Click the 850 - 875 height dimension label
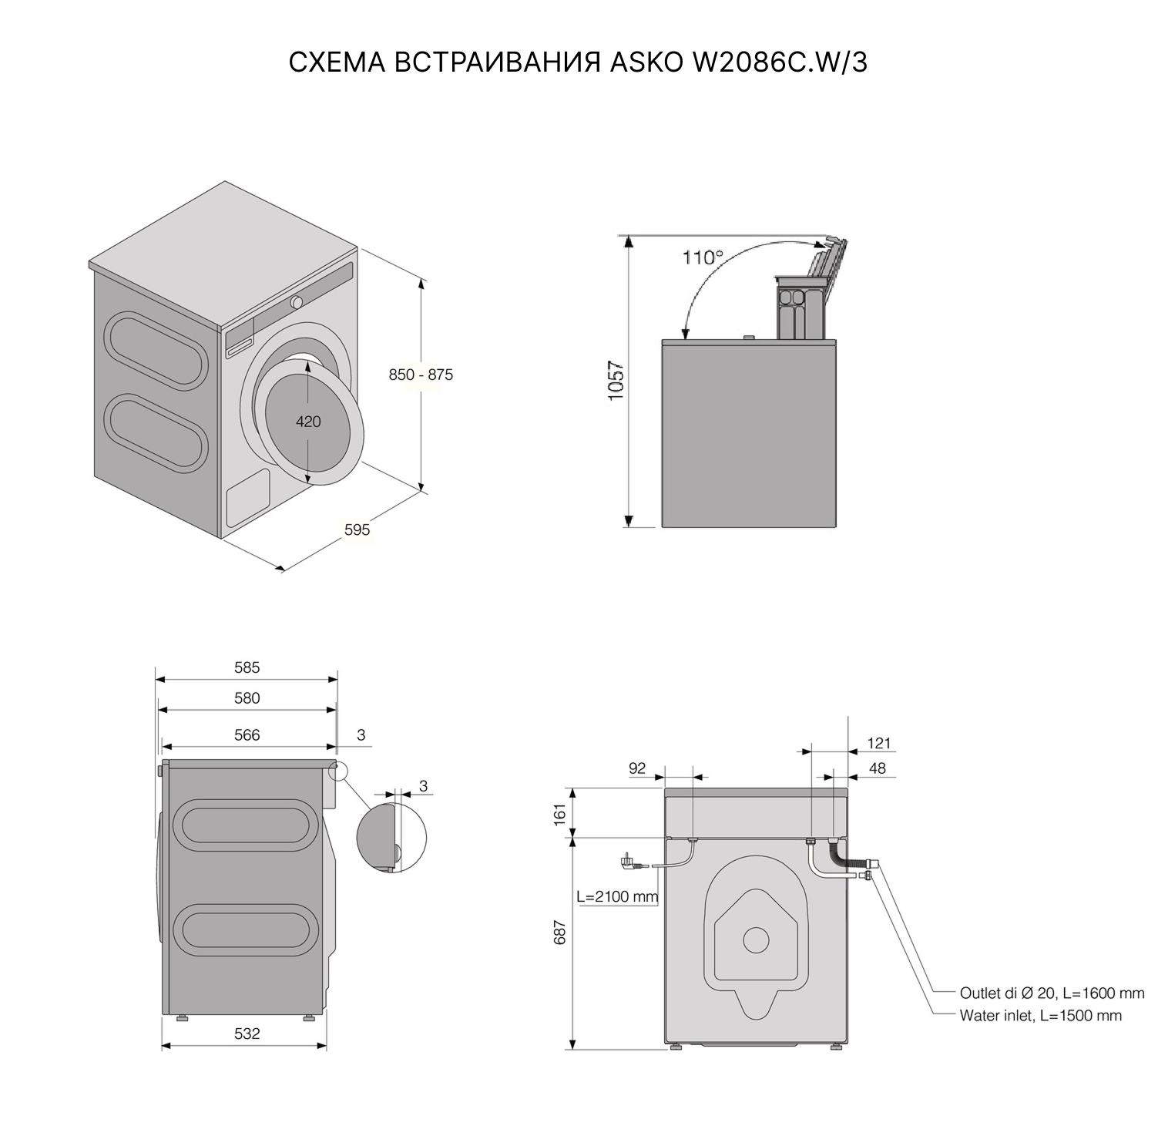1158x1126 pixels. coord(421,375)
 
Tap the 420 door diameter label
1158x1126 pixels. coord(308,422)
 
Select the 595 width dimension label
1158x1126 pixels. coord(357,529)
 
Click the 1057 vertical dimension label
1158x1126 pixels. coord(616,381)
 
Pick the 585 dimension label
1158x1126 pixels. coord(247,667)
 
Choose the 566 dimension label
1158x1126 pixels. coord(247,735)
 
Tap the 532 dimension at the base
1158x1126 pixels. coord(247,1034)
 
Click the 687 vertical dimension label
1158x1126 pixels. coord(560,933)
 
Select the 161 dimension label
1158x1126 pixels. coord(560,812)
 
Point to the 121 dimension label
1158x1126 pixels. coord(878,743)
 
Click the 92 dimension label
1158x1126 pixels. coord(637,768)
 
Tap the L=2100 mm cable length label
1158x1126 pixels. coord(617,896)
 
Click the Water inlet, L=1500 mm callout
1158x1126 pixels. coord(1040,1016)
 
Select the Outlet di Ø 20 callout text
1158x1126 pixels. coord(1052,993)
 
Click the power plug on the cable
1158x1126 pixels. coord(630,863)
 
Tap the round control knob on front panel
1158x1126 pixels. coord(297,302)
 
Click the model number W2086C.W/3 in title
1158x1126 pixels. coord(779,62)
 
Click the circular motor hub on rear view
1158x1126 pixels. coord(756,939)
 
